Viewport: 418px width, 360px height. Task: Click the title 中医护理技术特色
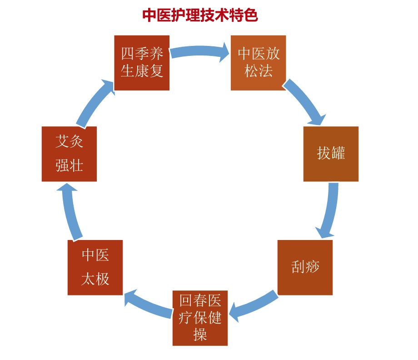click(200, 15)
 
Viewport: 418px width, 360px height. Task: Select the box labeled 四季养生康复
click(142, 63)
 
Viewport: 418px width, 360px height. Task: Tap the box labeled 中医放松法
click(259, 63)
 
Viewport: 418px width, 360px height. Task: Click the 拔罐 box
click(331, 154)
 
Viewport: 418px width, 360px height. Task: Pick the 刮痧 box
click(305, 267)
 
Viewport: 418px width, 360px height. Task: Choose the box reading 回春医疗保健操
click(200, 318)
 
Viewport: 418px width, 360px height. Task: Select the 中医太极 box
click(95, 267)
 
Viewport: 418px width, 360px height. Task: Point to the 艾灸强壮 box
click(69, 154)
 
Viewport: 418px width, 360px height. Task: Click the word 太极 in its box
click(95, 278)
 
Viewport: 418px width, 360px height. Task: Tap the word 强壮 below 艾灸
click(69, 165)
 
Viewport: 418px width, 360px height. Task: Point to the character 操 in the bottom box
click(200, 334)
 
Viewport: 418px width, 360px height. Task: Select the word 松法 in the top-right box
click(259, 71)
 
